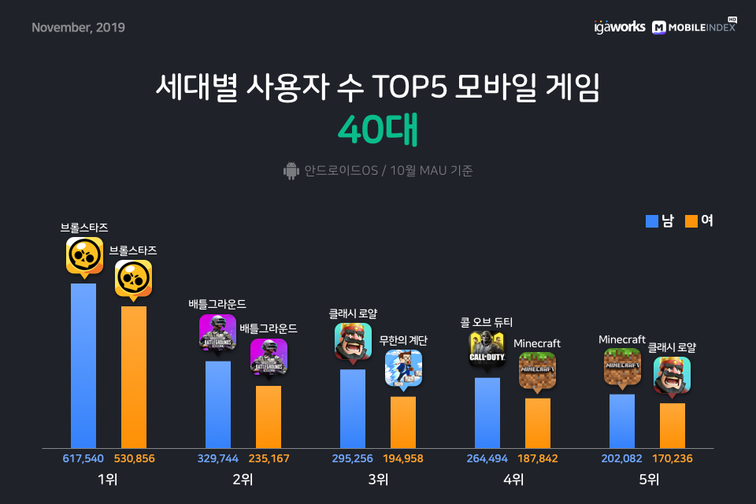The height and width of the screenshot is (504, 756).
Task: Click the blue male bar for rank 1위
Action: point(83,365)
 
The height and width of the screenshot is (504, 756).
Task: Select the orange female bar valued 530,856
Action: point(134,377)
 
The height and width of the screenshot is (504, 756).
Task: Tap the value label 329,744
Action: point(218,458)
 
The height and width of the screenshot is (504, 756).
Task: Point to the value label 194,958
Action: point(403,458)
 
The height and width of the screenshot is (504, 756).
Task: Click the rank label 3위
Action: point(378,480)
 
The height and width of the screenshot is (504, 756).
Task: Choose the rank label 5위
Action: point(648,480)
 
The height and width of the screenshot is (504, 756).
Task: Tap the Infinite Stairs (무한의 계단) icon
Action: point(403,369)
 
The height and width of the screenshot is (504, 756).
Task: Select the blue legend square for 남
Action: point(652,220)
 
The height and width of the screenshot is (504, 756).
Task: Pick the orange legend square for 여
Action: point(691,220)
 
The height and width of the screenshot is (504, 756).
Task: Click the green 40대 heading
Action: point(378,129)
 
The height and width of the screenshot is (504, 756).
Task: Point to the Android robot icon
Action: point(291,171)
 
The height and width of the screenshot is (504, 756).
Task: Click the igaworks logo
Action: point(620,27)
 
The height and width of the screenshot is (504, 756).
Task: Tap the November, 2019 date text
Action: point(78,28)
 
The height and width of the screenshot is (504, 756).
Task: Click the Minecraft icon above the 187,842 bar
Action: point(538,370)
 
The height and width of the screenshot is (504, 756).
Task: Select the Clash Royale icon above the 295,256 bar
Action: point(353,342)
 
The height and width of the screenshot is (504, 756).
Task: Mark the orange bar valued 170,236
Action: point(672,425)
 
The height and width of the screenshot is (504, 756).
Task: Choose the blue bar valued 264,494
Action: point(487,413)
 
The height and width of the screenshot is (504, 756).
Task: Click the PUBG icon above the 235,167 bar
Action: point(269,357)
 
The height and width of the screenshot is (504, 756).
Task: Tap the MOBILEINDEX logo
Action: point(695,27)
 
